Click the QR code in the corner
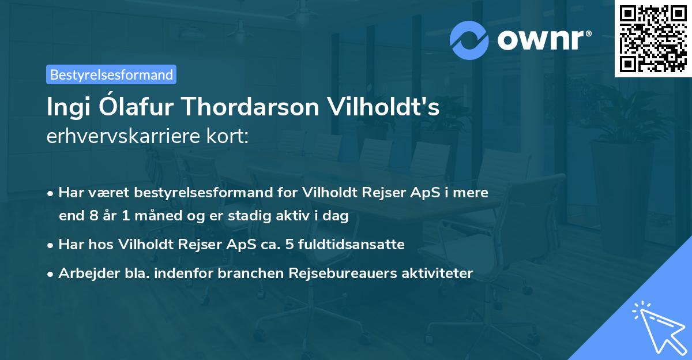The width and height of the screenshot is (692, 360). coord(653,38)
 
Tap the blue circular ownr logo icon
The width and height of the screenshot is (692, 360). coord(469,40)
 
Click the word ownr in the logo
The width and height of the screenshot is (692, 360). coord(543,39)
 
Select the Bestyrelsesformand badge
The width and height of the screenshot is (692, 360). coord(111,74)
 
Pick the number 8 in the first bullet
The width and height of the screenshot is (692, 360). coord(86,215)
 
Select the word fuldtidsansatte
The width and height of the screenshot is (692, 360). coord(358,245)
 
